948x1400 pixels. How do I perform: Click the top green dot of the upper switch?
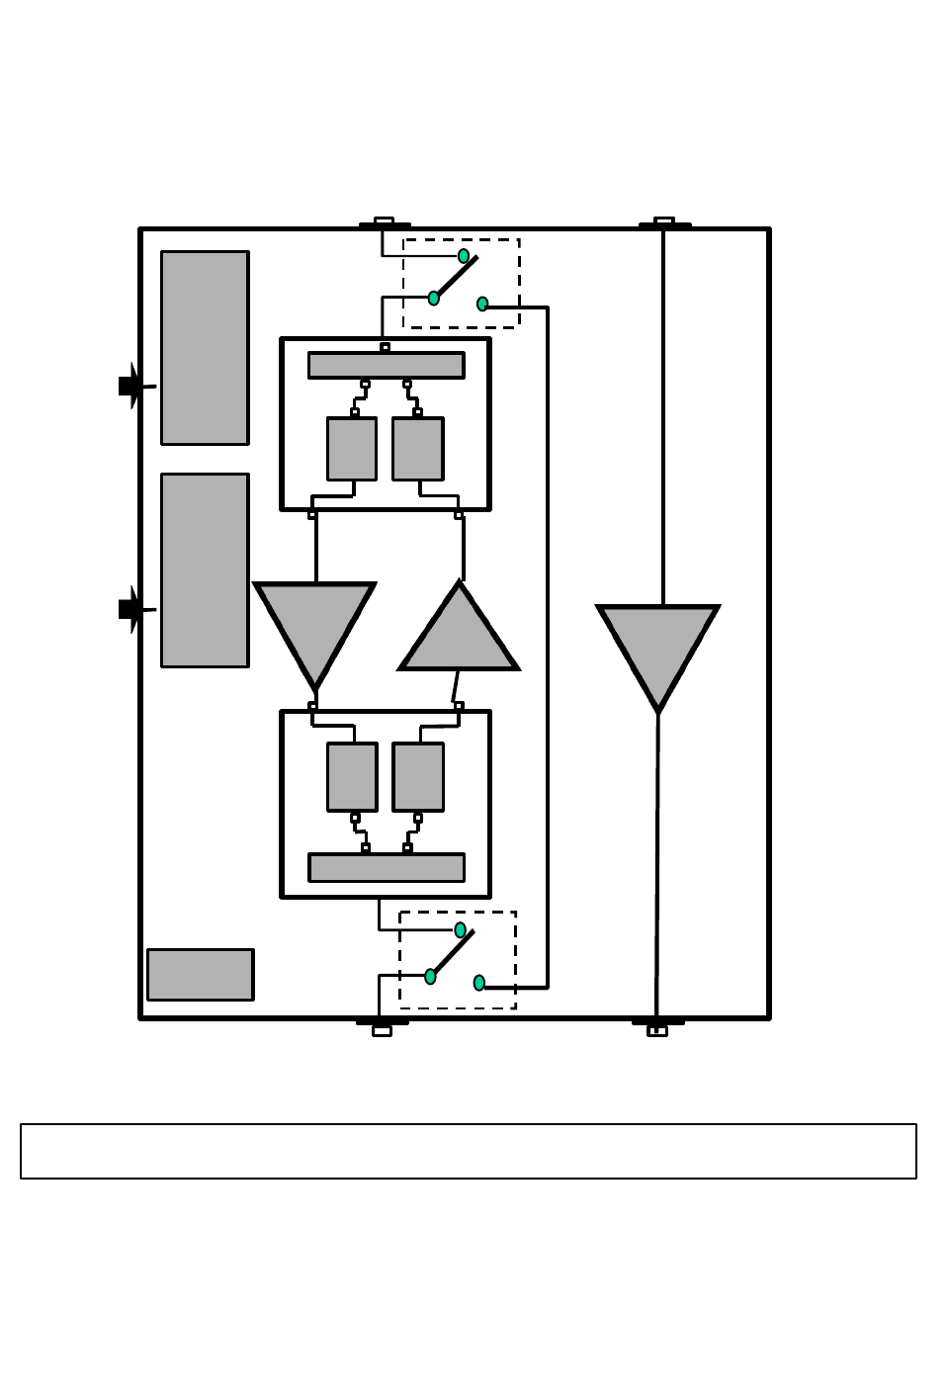tap(464, 256)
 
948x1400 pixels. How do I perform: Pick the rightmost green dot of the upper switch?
tap(482, 304)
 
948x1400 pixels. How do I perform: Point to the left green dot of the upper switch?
tap(434, 298)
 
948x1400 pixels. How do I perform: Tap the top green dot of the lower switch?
tap(460, 929)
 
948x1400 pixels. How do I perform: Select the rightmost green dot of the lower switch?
tap(479, 983)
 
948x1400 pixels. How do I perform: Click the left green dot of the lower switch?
tap(430, 976)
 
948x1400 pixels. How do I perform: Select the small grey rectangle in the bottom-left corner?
tap(200, 975)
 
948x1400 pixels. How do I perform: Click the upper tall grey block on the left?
tap(205, 347)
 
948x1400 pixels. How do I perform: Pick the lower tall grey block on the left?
tap(205, 570)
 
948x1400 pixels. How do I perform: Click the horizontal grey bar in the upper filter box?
tap(386, 365)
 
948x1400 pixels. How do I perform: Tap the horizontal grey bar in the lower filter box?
tap(386, 867)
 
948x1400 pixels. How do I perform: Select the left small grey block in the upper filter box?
tap(351, 449)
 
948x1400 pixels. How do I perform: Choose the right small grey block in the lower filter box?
tap(418, 776)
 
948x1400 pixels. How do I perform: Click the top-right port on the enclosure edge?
tap(664, 222)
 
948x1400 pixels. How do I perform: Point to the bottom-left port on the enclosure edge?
tap(382, 1028)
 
